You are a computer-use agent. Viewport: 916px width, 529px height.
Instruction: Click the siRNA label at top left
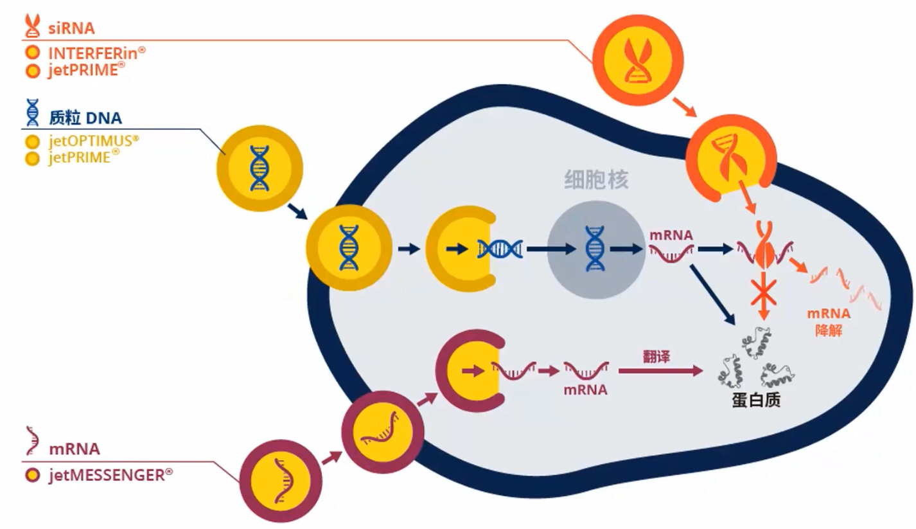click(71, 28)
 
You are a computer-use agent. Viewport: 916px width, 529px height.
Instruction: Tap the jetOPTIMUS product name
click(94, 141)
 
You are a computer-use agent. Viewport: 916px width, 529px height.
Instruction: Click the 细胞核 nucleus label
click(595, 179)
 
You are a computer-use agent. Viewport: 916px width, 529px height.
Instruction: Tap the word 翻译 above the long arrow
click(656, 355)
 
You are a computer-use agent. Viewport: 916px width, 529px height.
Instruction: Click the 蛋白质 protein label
click(755, 400)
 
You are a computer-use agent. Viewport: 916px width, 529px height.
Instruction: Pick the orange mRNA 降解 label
click(829, 322)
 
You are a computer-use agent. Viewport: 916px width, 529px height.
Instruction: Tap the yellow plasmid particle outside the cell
click(258, 166)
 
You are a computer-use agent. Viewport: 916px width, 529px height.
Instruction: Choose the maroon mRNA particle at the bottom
click(281, 480)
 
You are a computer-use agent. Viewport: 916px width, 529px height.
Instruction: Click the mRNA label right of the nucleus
click(671, 235)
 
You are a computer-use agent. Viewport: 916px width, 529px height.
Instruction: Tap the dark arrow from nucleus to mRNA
click(627, 249)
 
